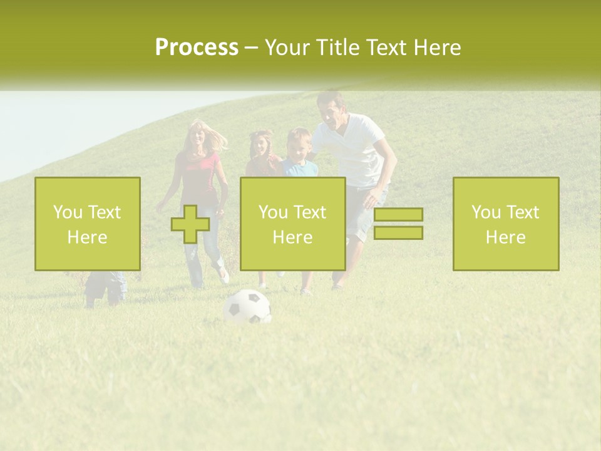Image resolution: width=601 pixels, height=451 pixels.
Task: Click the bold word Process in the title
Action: (x=197, y=48)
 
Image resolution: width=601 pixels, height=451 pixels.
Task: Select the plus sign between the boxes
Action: (x=190, y=224)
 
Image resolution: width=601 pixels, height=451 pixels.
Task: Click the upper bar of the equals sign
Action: (x=398, y=214)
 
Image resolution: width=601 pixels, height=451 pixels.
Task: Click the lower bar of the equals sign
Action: (x=398, y=232)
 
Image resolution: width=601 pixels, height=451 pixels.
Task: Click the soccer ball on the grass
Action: (x=247, y=307)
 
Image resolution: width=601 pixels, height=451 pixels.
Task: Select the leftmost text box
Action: (x=88, y=224)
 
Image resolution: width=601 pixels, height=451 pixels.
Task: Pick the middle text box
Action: (x=292, y=224)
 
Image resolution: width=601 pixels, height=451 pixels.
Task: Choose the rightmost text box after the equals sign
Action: (x=506, y=224)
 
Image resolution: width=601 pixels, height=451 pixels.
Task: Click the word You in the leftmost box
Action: (x=67, y=212)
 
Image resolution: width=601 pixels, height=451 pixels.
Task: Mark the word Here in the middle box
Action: (x=292, y=237)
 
